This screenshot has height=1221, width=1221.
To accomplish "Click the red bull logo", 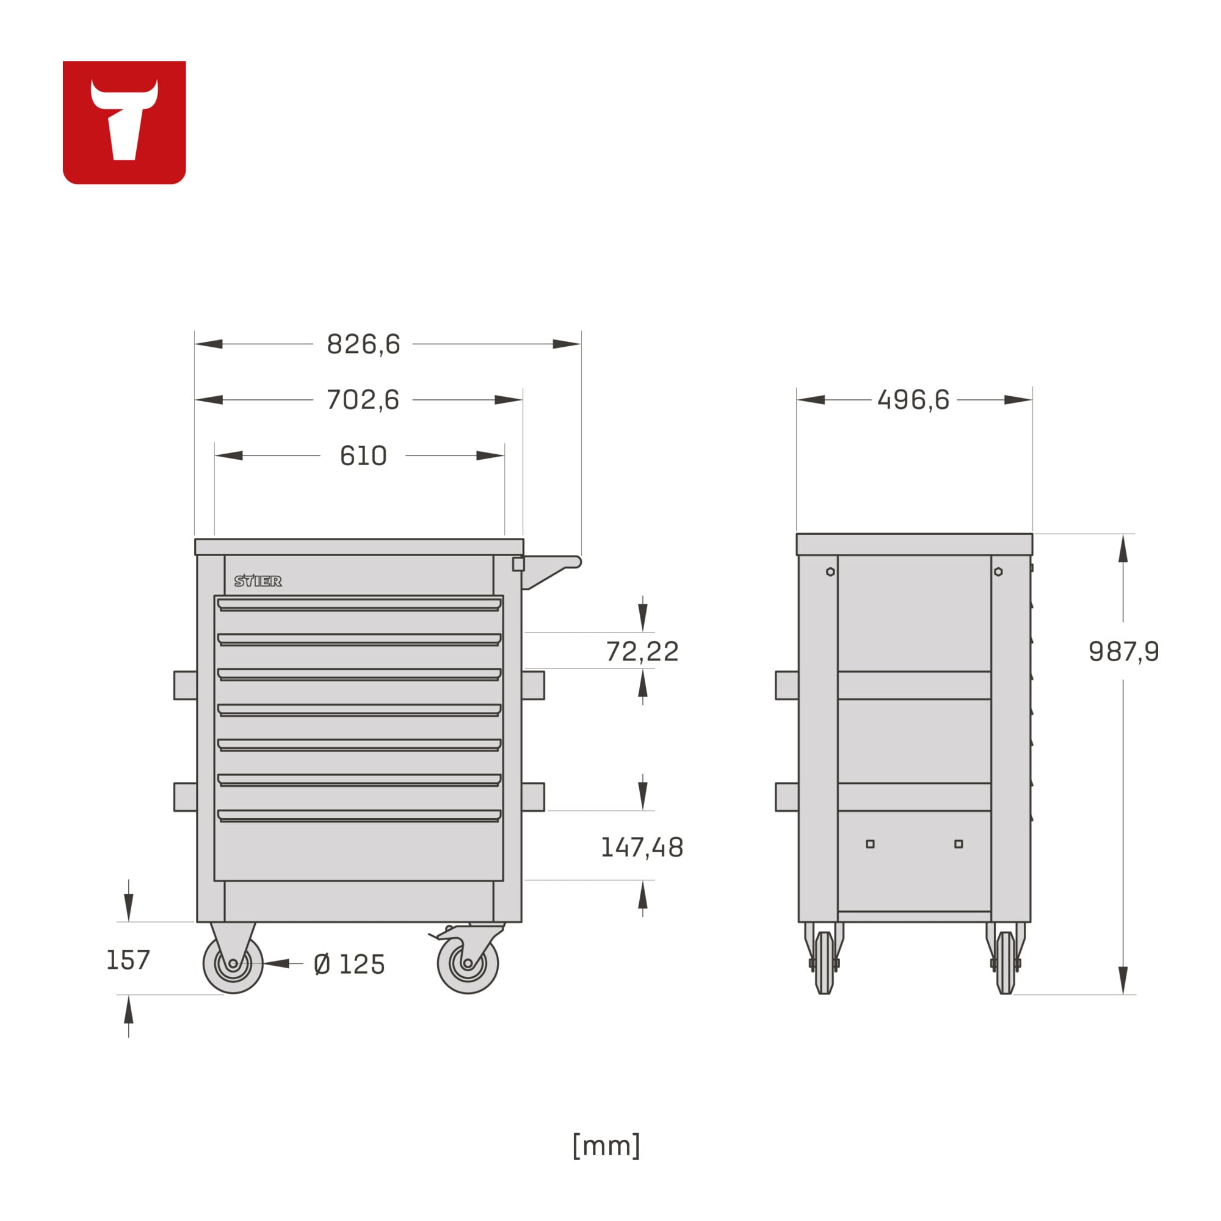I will [x=124, y=122].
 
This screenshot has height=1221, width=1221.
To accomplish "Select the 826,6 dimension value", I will [x=363, y=344].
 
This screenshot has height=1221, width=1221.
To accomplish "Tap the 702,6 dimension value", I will [x=363, y=400].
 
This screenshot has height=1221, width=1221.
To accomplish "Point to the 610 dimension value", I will [x=363, y=455].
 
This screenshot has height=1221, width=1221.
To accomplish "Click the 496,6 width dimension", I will [x=913, y=400].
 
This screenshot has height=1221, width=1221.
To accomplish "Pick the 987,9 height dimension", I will [x=1123, y=651].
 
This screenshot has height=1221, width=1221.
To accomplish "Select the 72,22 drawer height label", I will [x=642, y=651].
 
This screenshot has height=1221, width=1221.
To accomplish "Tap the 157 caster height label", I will [x=128, y=960].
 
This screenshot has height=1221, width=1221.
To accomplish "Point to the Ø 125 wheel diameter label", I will [x=349, y=965].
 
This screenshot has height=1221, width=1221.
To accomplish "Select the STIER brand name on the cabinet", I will [x=258, y=581].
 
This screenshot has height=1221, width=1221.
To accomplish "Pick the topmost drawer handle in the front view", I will [x=359, y=605].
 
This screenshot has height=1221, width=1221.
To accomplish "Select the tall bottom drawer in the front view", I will [x=359, y=850].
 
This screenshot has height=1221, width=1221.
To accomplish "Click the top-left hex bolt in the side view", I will [x=830, y=572].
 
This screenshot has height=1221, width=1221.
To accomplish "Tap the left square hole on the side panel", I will [x=870, y=844].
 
